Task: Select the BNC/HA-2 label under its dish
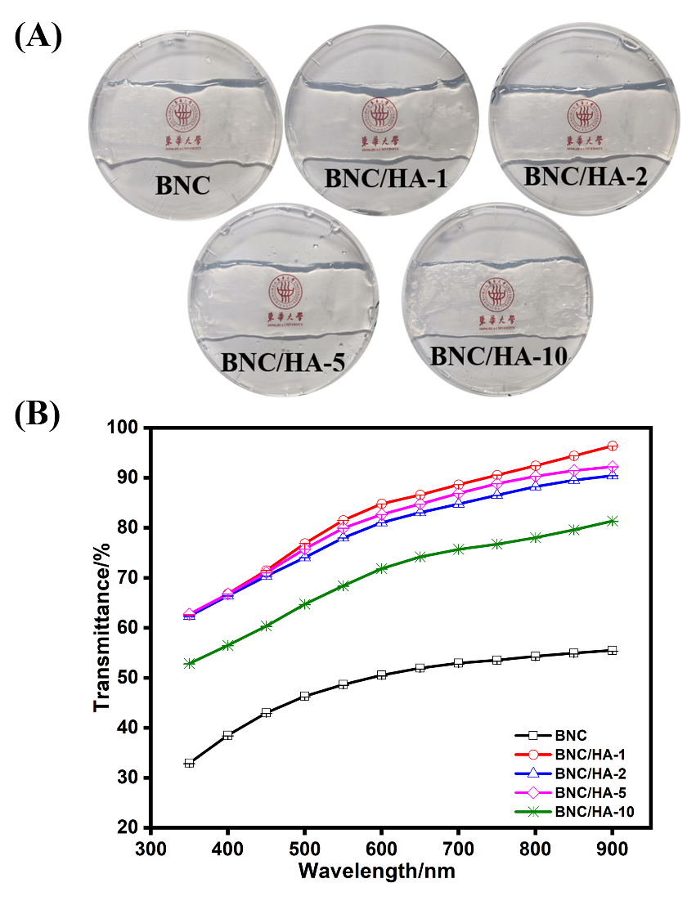585,175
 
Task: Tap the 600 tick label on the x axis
381,847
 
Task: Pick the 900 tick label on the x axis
612,847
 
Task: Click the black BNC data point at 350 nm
190,763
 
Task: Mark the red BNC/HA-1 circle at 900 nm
612,446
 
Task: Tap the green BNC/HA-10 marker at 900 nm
612,521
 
